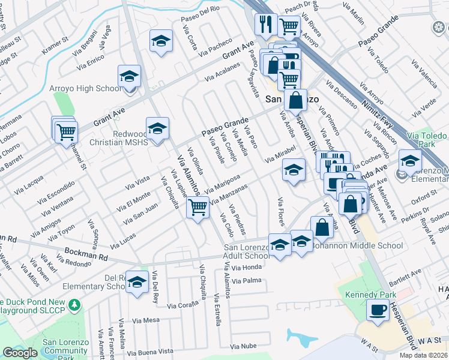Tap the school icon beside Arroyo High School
[129, 77]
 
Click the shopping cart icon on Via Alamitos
[197, 208]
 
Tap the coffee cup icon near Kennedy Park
[378, 310]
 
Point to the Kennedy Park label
[372, 295]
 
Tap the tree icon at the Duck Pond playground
[74, 305]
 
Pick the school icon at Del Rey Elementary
[137, 283]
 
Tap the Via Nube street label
[242, 346]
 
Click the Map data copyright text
[423, 355]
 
